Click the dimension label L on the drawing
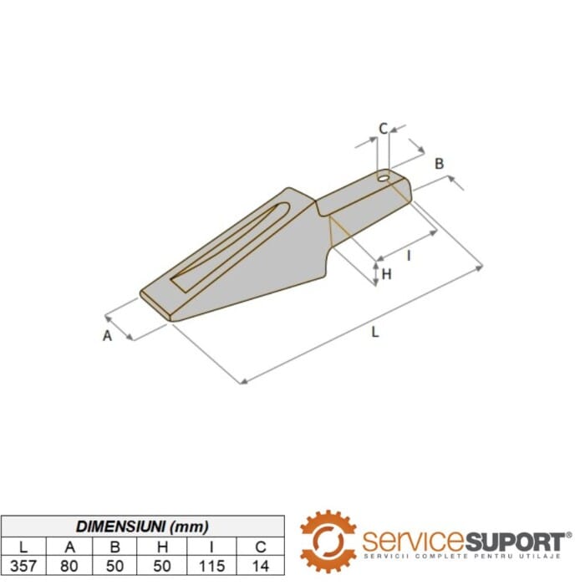click(x=375, y=332)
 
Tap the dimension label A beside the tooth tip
click(x=107, y=336)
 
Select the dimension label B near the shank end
click(x=439, y=164)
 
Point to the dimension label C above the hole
click(x=383, y=129)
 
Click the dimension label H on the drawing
click(x=386, y=273)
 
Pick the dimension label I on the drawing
click(x=409, y=256)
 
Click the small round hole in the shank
click(x=384, y=177)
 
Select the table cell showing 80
click(x=71, y=566)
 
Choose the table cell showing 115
click(x=214, y=566)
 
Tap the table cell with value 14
click(x=262, y=566)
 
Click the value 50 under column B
click(x=119, y=566)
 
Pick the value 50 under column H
click(x=166, y=566)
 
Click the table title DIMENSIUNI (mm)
click(x=142, y=526)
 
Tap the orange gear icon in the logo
click(x=328, y=541)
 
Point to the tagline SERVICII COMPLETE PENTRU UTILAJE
click(x=465, y=556)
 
